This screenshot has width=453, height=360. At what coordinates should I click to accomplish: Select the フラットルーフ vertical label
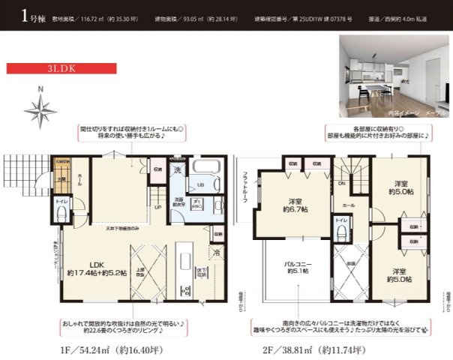click(x=244, y=187)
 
